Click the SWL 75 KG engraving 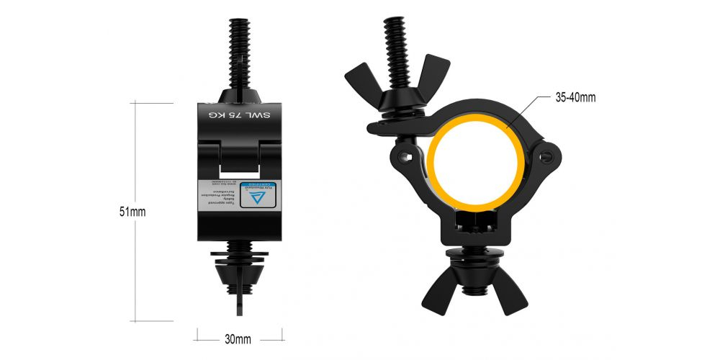click(x=238, y=115)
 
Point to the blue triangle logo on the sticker click(x=261, y=195)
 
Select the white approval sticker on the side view click(x=239, y=193)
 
